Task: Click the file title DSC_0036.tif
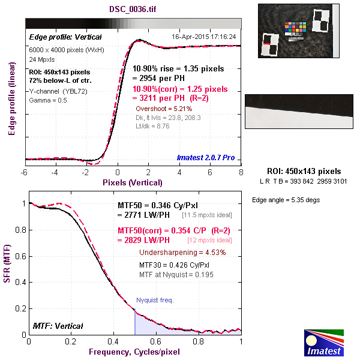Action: pos(133,10)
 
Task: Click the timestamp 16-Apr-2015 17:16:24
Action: pos(204,37)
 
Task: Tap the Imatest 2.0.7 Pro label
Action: pos(206,158)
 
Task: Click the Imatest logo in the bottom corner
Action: pos(325,343)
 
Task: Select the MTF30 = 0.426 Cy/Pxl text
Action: pos(175,264)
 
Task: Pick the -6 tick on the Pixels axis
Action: pos(25,172)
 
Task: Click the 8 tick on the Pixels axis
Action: pos(241,172)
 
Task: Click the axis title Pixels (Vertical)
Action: pos(133,182)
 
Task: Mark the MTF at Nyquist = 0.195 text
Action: pos(176,274)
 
